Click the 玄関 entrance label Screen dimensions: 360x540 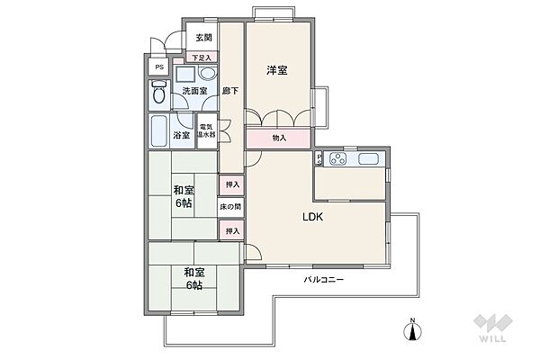tap(202, 38)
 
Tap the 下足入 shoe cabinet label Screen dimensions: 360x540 tap(202, 58)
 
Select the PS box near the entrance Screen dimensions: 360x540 tap(158, 68)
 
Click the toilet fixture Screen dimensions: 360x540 tap(159, 92)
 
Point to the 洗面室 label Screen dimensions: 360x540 tap(194, 91)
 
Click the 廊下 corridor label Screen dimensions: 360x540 tap(230, 91)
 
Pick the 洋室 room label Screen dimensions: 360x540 tap(276, 70)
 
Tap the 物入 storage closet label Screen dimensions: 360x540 tap(279, 138)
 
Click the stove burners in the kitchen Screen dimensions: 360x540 tap(339, 160)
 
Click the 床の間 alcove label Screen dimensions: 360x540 tap(231, 207)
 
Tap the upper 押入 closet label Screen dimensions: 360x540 tap(231, 184)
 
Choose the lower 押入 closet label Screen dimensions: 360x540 tap(231, 231)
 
